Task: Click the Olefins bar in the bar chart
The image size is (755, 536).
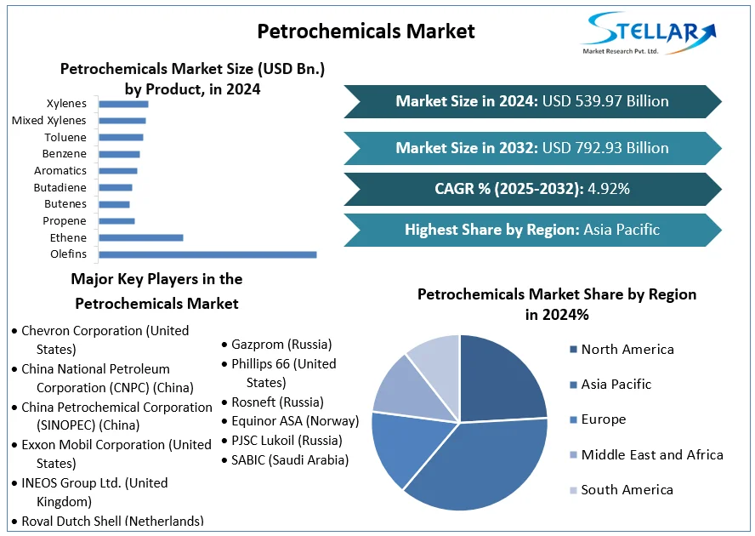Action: tap(207, 254)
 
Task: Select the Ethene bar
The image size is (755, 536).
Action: tap(141, 237)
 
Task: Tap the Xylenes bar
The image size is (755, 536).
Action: tap(123, 104)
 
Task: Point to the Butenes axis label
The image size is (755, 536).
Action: tap(65, 204)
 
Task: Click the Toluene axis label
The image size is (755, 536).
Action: tap(65, 137)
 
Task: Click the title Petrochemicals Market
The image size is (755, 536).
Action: tap(366, 31)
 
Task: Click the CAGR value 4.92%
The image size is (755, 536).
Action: tap(609, 189)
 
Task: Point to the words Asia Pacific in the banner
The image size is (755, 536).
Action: tap(622, 230)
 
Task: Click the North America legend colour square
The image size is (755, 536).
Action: tap(572, 350)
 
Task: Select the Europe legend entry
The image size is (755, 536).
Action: tap(603, 419)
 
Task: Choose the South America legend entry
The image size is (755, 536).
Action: tap(627, 489)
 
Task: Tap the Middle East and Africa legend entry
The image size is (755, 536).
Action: tap(651, 454)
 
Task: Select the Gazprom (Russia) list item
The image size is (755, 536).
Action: tap(281, 344)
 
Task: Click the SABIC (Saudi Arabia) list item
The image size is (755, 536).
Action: tap(290, 460)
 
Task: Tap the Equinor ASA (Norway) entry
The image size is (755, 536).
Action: tap(295, 421)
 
